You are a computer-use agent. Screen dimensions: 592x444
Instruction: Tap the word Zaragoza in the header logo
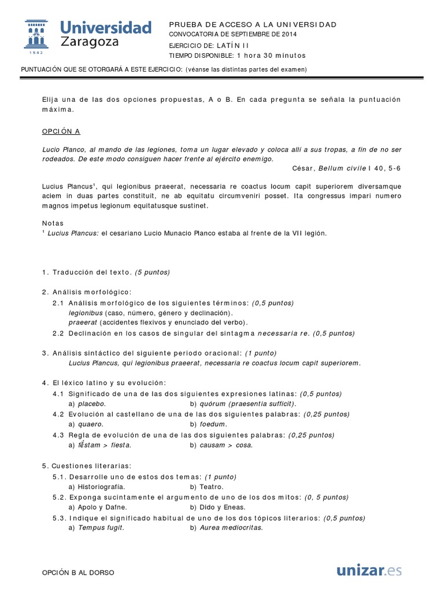point(91,42)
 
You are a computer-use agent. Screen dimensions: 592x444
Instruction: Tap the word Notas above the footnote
point(53,223)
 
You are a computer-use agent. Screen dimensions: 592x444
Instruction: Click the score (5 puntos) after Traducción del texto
point(152,272)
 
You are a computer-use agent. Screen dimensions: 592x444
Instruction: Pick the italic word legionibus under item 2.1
point(86,313)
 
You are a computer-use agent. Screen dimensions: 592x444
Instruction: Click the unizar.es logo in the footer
point(369,571)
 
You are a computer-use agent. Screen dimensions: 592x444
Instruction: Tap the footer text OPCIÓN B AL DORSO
point(79,572)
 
